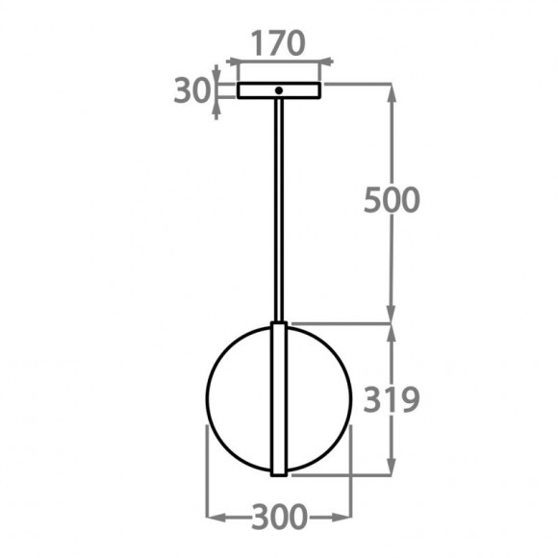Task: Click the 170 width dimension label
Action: (x=278, y=43)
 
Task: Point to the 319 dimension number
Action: (x=392, y=398)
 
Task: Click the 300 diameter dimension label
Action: (x=279, y=518)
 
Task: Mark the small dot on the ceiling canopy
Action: (x=278, y=90)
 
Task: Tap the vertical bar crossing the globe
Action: (x=279, y=399)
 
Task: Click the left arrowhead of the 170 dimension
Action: (x=233, y=62)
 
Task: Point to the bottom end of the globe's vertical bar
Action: (x=279, y=474)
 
